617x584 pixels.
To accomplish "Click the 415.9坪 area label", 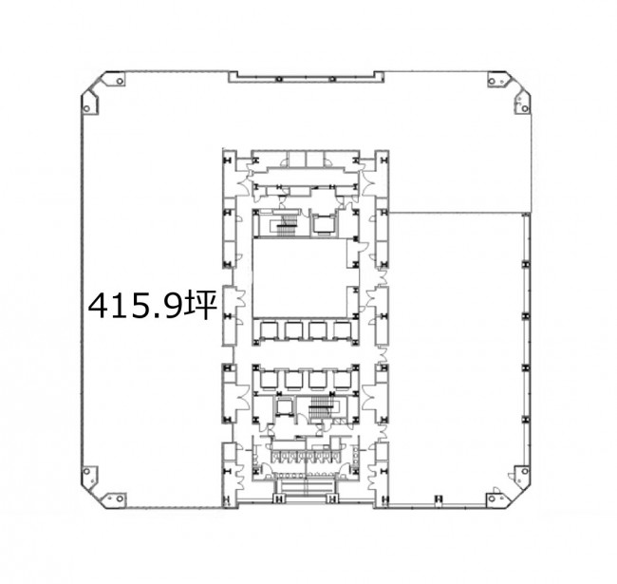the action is [153, 305].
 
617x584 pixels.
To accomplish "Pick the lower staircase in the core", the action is [321, 407].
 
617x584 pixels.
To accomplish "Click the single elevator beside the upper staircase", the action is [324, 224].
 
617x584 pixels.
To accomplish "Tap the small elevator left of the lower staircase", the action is [283, 407].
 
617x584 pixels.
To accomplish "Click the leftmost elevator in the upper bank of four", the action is [269, 330].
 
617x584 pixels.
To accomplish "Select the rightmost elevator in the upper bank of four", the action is [343, 330].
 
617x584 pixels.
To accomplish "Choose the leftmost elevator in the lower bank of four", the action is [269, 380].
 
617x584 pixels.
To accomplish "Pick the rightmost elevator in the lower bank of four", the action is [343, 380].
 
